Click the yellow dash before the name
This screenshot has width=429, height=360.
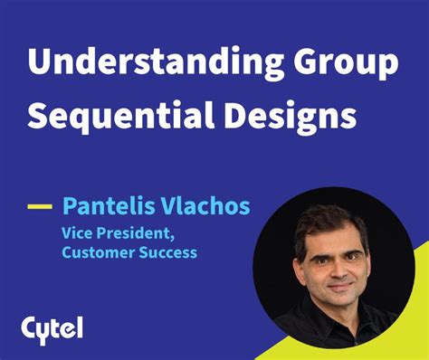40,206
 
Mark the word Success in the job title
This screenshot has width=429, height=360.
166,252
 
